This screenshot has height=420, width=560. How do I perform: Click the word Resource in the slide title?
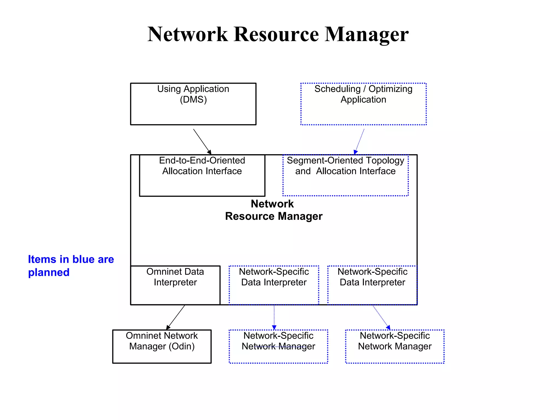click(276, 34)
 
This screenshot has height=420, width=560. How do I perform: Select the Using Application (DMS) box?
click(193, 104)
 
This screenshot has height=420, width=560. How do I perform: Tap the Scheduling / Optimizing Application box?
click(363, 104)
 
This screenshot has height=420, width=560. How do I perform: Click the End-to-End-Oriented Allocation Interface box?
click(202, 176)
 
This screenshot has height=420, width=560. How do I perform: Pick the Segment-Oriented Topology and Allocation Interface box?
click(345, 176)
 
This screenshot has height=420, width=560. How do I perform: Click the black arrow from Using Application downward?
click(202, 141)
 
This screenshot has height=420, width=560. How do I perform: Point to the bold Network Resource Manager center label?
click(273, 210)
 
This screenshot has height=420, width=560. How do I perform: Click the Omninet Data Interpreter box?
click(175, 285)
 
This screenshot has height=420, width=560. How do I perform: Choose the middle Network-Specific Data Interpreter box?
click(274, 285)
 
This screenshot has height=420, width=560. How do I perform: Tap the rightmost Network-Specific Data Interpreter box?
click(372, 285)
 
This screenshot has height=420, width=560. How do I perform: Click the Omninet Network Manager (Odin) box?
click(162, 346)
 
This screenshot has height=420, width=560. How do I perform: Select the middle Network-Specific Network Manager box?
click(278, 346)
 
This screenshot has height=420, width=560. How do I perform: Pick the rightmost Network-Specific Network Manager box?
click(395, 346)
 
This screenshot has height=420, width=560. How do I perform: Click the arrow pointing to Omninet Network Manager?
click(176, 317)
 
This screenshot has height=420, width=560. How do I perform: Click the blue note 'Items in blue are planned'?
click(71, 266)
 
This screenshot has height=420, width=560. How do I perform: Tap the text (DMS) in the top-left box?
click(193, 100)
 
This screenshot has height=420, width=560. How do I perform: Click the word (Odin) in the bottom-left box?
click(182, 346)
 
